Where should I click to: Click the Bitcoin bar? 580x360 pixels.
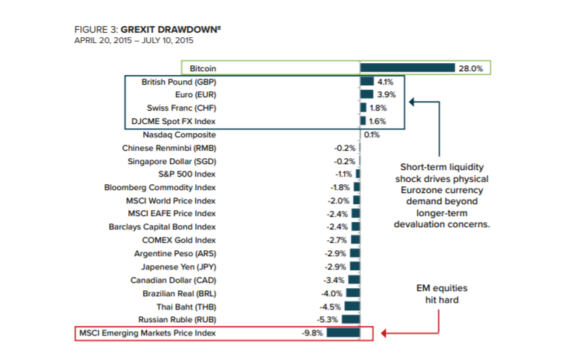(x=407, y=68)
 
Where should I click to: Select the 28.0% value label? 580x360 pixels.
(x=471, y=68)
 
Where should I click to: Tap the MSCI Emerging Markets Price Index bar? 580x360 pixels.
(x=343, y=333)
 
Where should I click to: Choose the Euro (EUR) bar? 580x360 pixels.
(x=366, y=95)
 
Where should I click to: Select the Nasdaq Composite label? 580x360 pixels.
(x=180, y=135)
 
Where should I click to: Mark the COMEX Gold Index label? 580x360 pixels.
(x=179, y=240)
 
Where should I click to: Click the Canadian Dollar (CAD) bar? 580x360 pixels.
(x=354, y=280)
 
